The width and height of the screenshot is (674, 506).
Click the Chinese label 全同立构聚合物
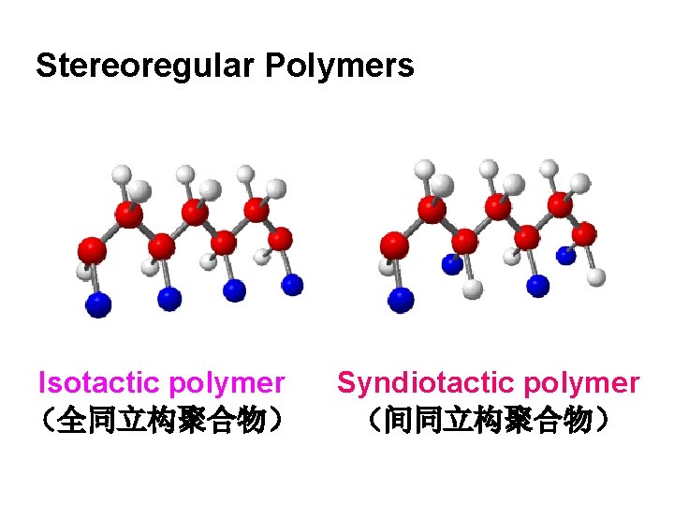[159, 420]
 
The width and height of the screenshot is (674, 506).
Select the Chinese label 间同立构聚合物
[489, 420]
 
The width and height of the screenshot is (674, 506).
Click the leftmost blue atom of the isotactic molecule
[98, 305]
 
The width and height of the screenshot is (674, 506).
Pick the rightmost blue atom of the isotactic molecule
[292, 283]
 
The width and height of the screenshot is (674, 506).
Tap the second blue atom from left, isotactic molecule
[168, 299]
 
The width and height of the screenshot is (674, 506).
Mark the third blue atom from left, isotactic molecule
[234, 291]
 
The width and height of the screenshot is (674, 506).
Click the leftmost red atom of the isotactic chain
[92, 250]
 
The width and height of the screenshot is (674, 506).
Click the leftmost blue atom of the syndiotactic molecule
[401, 300]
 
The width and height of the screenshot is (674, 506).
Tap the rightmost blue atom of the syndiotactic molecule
[565, 254]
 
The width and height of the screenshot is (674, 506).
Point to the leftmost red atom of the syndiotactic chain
[394, 246]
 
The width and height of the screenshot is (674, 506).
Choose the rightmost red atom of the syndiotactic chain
[584, 233]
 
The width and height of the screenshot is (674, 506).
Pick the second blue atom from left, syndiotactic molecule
[452, 265]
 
